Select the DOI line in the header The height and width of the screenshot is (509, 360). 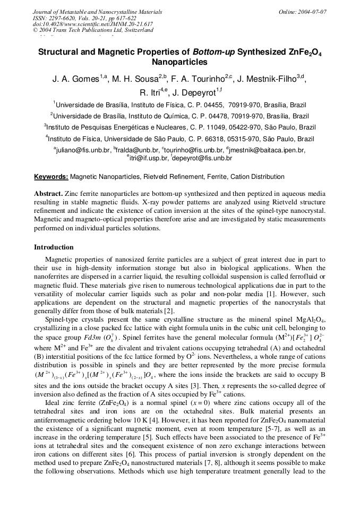92,24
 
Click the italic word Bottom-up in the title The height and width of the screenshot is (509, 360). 213,52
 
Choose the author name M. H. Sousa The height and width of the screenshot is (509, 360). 136,79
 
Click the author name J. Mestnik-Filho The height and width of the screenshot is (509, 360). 270,79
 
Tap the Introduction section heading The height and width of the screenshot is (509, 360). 54,247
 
